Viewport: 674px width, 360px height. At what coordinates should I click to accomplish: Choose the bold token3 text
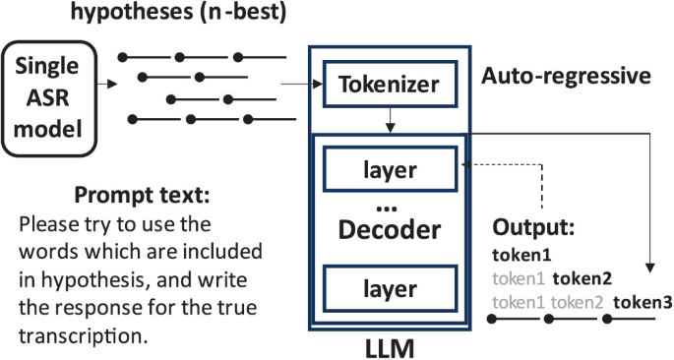pyautogui.click(x=643, y=302)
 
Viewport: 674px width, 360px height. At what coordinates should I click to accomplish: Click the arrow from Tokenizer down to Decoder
pyautogui.click(x=391, y=120)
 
